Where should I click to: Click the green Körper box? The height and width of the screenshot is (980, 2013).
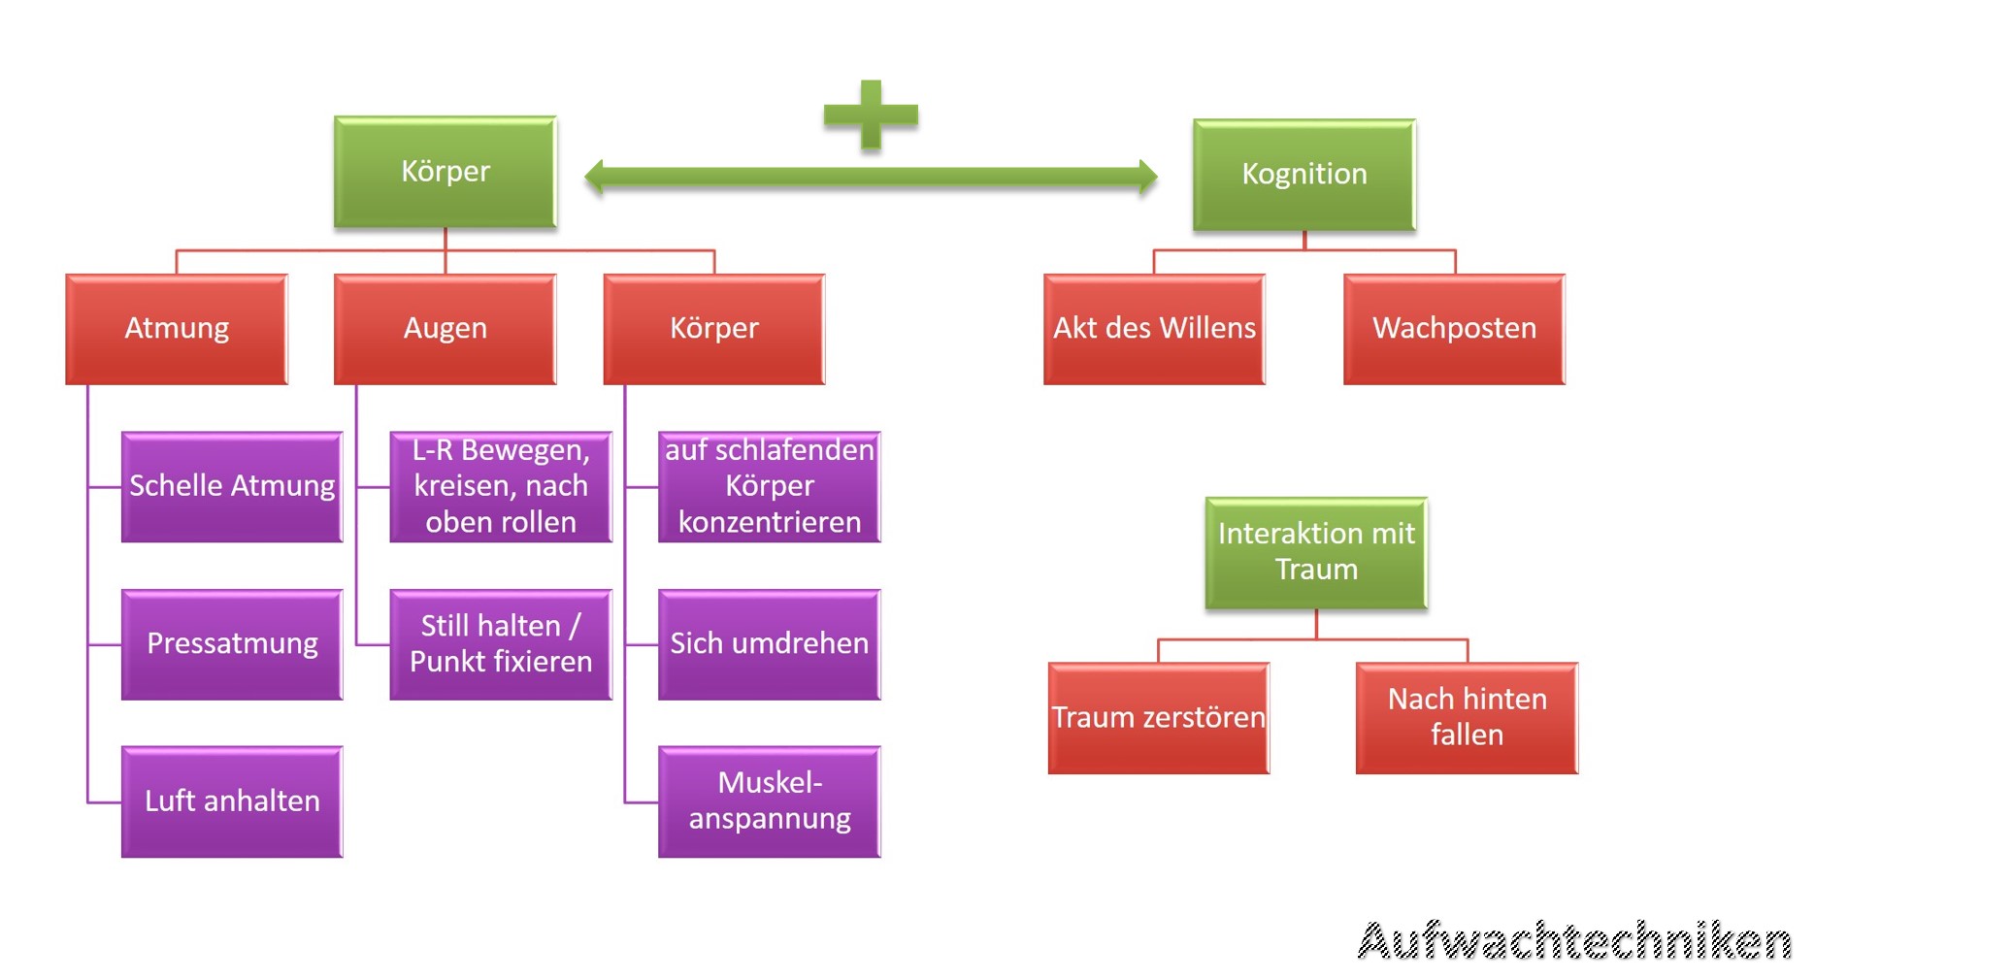point(445,172)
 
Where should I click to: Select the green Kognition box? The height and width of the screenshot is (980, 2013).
point(1303,175)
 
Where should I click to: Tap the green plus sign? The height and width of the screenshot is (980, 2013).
point(871,114)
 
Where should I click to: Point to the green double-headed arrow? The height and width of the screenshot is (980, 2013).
point(871,177)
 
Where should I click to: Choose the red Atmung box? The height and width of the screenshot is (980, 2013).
point(177,329)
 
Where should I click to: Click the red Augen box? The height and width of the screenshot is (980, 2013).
point(445,329)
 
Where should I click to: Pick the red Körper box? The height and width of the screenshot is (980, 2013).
point(714,329)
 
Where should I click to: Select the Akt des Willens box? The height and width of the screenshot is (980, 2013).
point(1154,329)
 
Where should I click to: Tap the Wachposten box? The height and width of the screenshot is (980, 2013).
point(1454,329)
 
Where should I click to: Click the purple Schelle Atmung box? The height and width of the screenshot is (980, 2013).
point(232,486)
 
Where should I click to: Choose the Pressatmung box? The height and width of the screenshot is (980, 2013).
point(232,644)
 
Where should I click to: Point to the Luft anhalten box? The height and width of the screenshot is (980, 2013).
point(232,801)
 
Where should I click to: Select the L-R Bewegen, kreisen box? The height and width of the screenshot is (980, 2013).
point(501,486)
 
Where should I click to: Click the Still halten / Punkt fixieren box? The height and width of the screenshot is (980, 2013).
point(501,644)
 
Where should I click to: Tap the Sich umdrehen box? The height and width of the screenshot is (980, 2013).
point(770,644)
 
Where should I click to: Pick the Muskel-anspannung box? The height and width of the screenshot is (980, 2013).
point(770,801)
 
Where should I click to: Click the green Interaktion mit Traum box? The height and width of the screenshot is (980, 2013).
point(1316,553)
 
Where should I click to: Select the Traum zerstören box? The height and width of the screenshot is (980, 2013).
point(1159,718)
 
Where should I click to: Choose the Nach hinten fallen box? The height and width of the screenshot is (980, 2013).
point(1467,718)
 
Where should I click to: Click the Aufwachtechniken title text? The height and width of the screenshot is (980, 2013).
point(1573,941)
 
